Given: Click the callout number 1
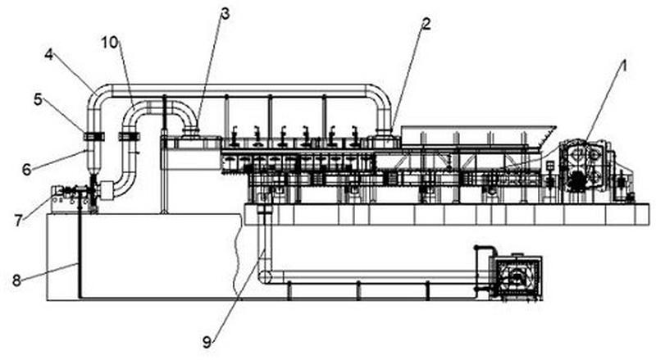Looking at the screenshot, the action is click(624, 66).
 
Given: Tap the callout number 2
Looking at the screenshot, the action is click(426, 24).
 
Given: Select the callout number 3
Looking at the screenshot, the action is click(225, 14).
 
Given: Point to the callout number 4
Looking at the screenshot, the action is click(49, 55).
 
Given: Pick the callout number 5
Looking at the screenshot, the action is click(38, 99).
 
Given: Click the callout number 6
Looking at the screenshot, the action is click(26, 170).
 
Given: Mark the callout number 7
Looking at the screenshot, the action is click(18, 221).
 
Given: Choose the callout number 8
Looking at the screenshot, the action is click(16, 280).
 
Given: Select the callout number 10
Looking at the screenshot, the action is click(110, 43).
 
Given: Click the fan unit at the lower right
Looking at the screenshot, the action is click(517, 276).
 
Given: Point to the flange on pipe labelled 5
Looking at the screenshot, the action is click(94, 136).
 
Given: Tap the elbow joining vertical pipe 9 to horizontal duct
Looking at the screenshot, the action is click(265, 276).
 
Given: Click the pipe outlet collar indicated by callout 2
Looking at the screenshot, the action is click(384, 132).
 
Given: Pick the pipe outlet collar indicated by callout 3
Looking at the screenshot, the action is click(191, 132).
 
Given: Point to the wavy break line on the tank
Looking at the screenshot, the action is click(237, 256).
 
